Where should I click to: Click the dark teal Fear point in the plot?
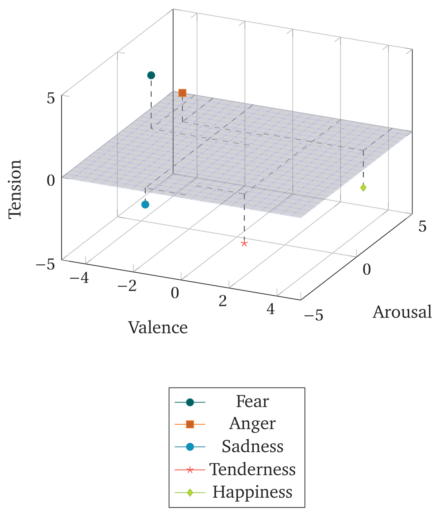pos(151,75)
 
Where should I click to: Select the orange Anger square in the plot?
pos(182,93)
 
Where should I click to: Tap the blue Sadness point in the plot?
pos(145,205)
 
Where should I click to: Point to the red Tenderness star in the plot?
pos(244,244)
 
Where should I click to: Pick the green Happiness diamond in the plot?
pos(363,188)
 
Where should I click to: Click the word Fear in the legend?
pos(252,402)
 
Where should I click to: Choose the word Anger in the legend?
pos(252,424)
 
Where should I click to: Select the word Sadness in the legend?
pos(252,447)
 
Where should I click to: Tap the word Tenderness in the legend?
pos(252,469)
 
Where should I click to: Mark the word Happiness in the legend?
pos(252,492)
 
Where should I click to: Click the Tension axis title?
pos(15,188)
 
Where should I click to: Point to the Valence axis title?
pos(158,327)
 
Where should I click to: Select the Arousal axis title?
pos(402,312)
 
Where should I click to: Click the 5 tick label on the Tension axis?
pos(51,98)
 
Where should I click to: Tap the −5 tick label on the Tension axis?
pos(45,264)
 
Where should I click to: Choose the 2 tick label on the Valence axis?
pos(223,301)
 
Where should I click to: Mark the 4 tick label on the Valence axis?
pos(270,309)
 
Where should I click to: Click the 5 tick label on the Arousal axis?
pos(422,227)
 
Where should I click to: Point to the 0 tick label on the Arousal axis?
pos(366,269)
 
